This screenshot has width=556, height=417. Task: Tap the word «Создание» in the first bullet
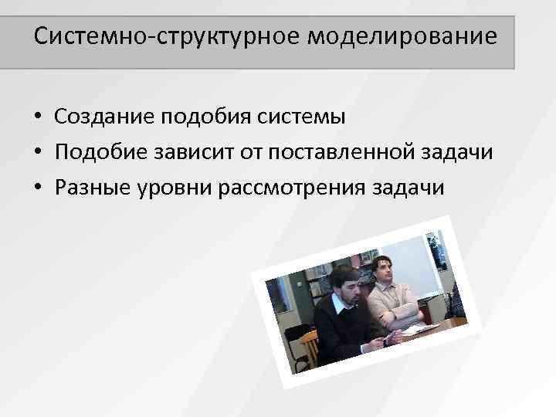(x=104, y=117)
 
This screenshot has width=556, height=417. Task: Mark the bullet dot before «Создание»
(x=36, y=117)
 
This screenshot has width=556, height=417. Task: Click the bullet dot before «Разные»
(x=36, y=188)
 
